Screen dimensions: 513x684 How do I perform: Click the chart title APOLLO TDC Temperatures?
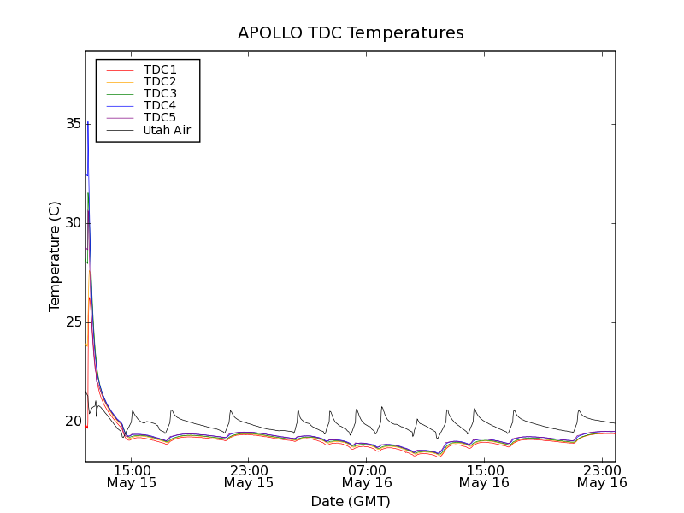click(x=351, y=33)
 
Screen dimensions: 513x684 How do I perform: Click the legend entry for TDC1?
click(x=160, y=69)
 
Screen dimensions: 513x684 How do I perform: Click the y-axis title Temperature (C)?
click(x=55, y=256)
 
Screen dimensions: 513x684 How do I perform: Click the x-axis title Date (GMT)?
click(x=351, y=501)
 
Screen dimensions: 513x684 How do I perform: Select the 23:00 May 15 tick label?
click(x=249, y=475)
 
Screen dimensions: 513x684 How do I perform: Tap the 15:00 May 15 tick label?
click(x=131, y=475)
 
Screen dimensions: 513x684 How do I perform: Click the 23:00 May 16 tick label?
click(x=601, y=475)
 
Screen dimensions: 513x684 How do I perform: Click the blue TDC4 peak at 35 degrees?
click(x=87, y=124)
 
